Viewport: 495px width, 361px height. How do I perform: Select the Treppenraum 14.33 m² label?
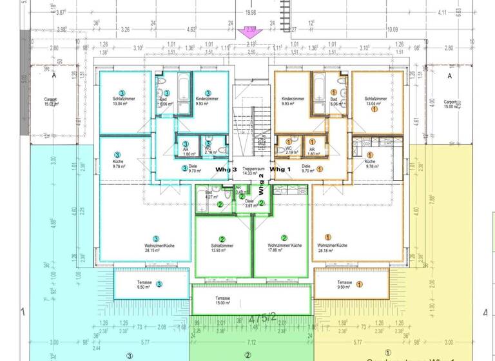pos(247,170)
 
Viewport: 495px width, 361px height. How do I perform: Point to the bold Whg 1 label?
pos(281,168)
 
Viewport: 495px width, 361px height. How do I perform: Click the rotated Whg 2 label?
pos(261,184)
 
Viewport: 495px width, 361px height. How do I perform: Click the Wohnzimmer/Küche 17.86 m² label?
pos(284,248)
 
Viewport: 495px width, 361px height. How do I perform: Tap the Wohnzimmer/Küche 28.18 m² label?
pos(332,248)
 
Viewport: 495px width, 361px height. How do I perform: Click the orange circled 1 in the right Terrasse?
pos(360,282)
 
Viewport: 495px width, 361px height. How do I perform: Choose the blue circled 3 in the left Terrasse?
pos(159,282)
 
